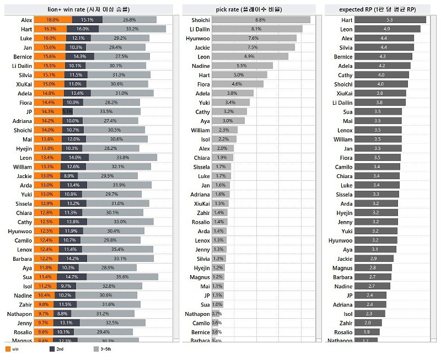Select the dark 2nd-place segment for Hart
tap(82, 29)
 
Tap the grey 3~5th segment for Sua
tap(125, 277)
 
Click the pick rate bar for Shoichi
tap(261, 20)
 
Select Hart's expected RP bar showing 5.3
tap(390, 20)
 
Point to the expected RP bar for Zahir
tap(367, 323)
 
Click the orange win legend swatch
tap(7, 349)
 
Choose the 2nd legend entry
tap(59, 349)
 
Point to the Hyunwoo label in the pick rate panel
tap(198, 38)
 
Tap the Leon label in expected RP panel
tap(346, 29)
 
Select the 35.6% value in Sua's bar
tap(123, 277)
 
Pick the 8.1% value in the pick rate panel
tap(256, 29)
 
